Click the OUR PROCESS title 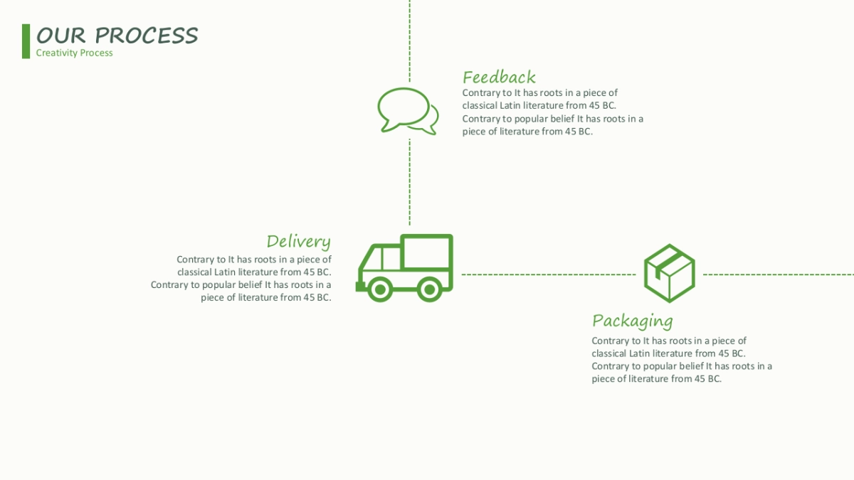click(117, 36)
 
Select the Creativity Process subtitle click(74, 53)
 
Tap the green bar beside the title click(26, 41)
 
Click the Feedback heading click(499, 77)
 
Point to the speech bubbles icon click(407, 110)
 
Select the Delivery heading click(298, 241)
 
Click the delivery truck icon click(404, 267)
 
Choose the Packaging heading click(632, 321)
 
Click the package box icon click(669, 273)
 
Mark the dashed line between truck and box click(548, 274)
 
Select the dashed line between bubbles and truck click(409, 181)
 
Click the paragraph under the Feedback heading click(552, 112)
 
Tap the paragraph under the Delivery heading click(242, 278)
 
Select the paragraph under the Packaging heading click(681, 359)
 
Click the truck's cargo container click(426, 252)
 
